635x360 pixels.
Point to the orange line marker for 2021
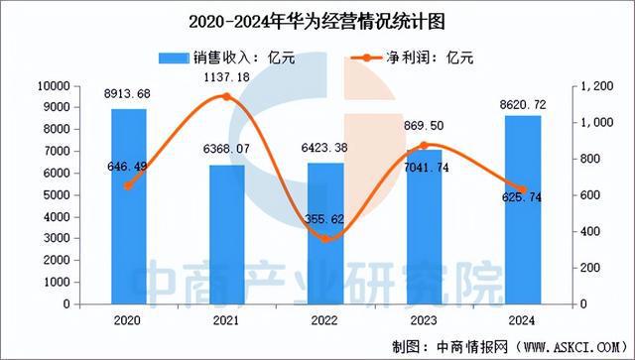(x=227, y=97)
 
